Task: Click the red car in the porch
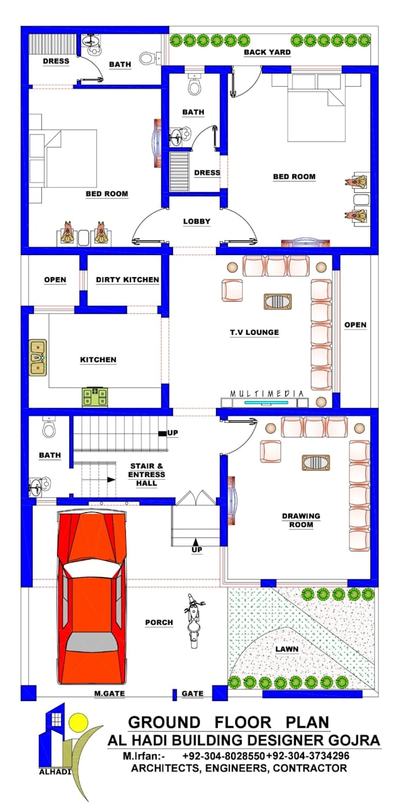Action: (x=92, y=597)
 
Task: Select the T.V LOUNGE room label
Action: (x=254, y=332)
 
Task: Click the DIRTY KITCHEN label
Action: (x=127, y=280)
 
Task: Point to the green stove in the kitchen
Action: (x=94, y=397)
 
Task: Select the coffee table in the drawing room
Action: (x=316, y=463)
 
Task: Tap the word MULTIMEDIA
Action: (x=267, y=394)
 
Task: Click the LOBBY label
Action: (x=196, y=222)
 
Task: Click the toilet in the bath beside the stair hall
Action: (x=49, y=430)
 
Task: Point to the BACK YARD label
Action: (x=267, y=52)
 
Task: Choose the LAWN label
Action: (x=288, y=648)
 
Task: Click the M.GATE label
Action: (x=109, y=693)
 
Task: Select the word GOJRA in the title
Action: (x=355, y=740)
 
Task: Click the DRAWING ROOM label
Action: (x=301, y=520)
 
